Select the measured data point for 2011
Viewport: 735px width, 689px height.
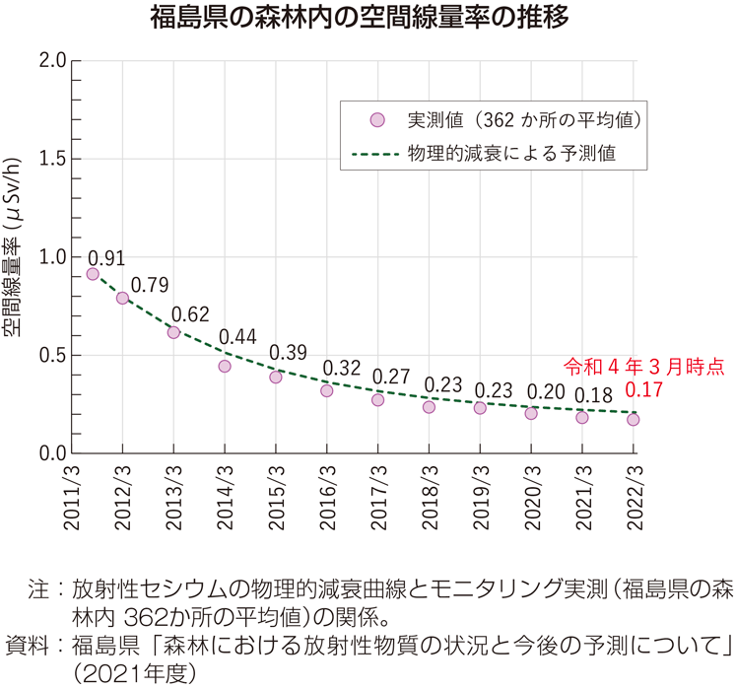(x=93, y=274)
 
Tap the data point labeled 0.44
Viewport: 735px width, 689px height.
(x=225, y=366)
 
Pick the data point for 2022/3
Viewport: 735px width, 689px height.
(x=633, y=419)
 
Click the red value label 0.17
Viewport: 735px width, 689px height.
(x=642, y=390)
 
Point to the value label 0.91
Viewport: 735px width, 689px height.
(x=106, y=258)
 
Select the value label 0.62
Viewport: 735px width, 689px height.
(x=190, y=315)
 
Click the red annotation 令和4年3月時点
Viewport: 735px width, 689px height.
(x=642, y=367)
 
